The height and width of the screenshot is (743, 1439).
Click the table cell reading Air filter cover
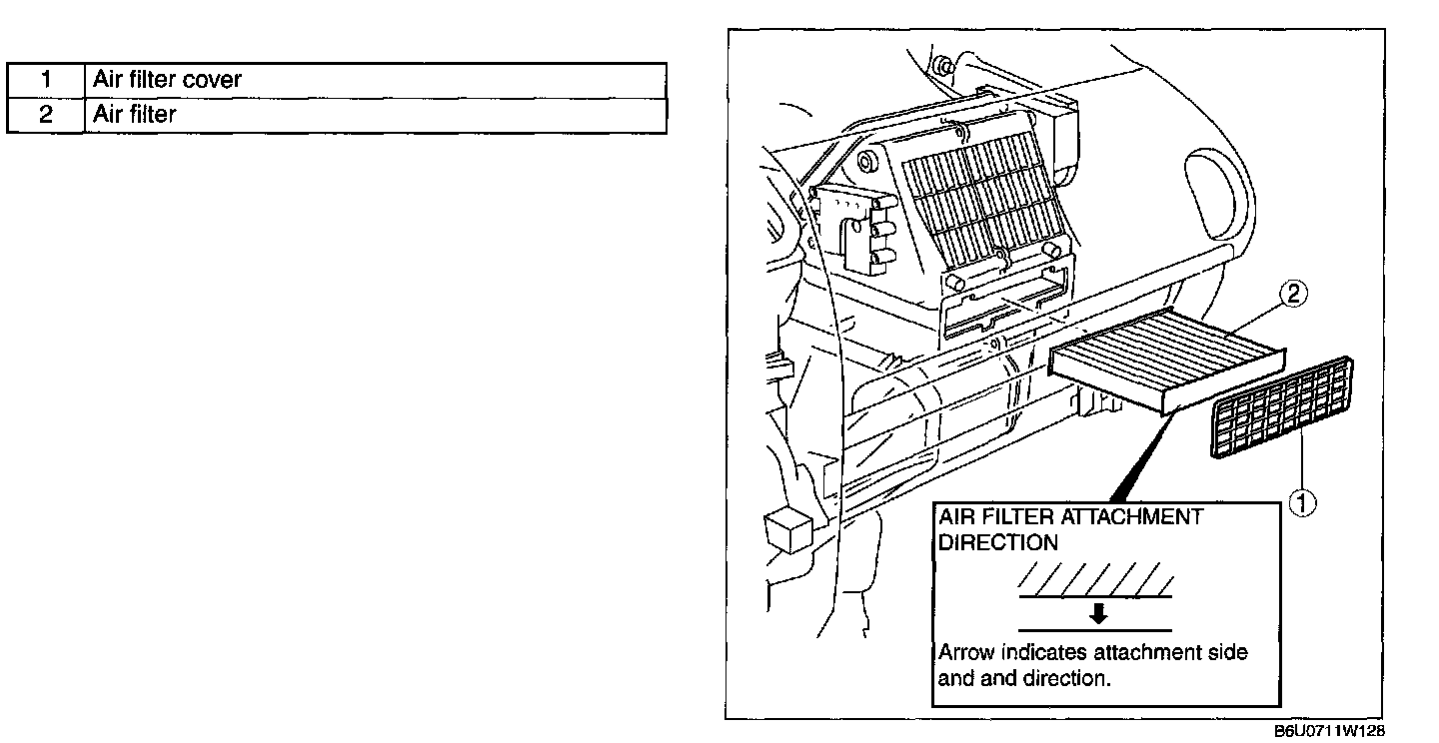point(376,80)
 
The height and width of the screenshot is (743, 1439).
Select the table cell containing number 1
point(45,80)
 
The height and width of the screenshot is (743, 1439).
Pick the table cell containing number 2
point(45,115)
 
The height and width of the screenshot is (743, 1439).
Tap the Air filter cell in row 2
point(376,115)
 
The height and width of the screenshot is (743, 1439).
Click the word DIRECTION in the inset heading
point(997,543)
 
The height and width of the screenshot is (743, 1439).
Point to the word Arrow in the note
point(965,653)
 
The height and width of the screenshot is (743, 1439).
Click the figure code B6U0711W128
point(1329,731)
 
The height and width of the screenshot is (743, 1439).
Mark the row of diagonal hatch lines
point(1096,578)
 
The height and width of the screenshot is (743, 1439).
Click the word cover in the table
point(212,80)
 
